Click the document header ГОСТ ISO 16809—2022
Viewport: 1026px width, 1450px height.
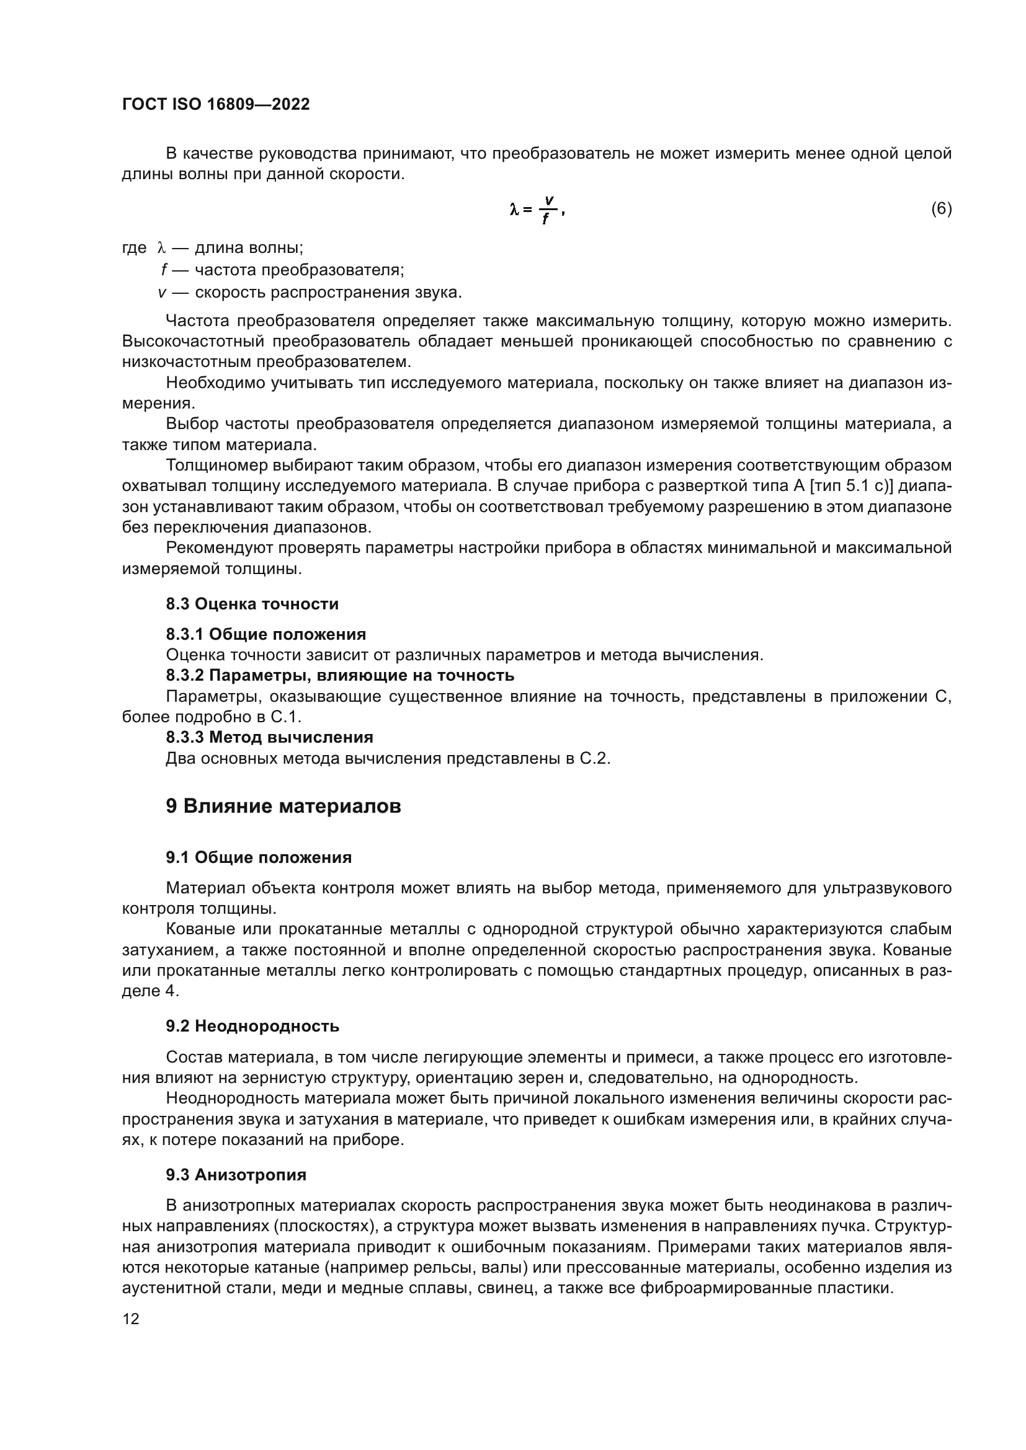pyautogui.click(x=215, y=105)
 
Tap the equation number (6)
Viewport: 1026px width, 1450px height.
pyautogui.click(x=941, y=209)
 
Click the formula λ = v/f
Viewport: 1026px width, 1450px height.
pyautogui.click(x=536, y=210)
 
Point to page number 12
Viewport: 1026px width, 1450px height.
pyautogui.click(x=131, y=1319)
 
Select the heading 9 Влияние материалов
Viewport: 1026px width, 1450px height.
pyautogui.click(x=283, y=807)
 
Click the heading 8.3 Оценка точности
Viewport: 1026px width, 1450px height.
pyautogui.click(x=252, y=604)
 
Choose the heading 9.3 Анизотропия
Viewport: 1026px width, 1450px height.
pyautogui.click(x=236, y=1175)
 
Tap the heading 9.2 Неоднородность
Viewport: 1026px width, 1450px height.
pyautogui.click(x=252, y=1026)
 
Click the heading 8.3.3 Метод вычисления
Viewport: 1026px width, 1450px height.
pyautogui.click(x=269, y=738)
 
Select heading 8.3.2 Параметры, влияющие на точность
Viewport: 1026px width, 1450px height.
pyautogui.click(x=340, y=676)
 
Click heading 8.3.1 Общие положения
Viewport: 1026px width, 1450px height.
pyautogui.click(x=266, y=634)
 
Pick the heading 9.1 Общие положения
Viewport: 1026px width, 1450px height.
pyautogui.click(x=259, y=857)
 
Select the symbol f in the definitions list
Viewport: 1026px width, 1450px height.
pyautogui.click(x=164, y=270)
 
